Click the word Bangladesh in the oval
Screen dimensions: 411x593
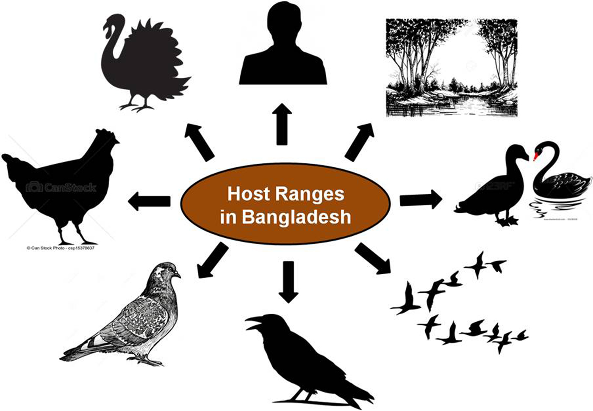click(296, 217)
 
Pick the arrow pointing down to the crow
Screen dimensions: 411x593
click(288, 281)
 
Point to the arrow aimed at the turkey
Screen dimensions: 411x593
click(199, 142)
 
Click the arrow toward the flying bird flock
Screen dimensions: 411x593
click(373, 258)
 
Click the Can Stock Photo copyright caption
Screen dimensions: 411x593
click(60, 248)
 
